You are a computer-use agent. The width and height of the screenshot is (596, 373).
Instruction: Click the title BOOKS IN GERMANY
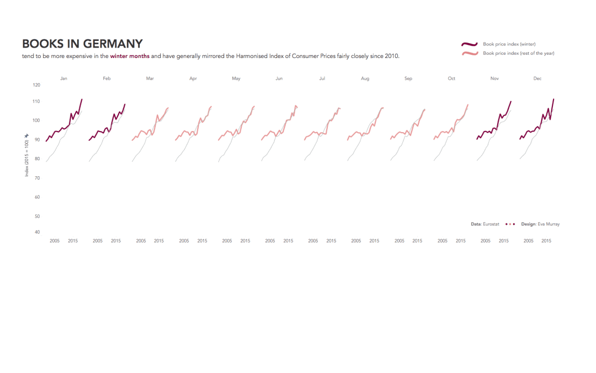pos(82,44)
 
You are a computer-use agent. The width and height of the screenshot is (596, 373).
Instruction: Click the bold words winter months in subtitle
pos(130,56)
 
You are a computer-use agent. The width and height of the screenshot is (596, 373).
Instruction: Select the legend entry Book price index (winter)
pos(509,44)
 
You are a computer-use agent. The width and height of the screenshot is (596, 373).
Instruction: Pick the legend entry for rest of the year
pos(518,54)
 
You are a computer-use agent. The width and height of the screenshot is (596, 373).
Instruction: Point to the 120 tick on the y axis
pos(36,85)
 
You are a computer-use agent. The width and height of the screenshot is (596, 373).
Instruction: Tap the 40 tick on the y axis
pos(36,232)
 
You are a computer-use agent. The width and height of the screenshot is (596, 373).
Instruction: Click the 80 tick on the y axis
pos(36,159)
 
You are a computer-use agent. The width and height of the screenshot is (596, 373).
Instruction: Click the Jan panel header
pos(63,79)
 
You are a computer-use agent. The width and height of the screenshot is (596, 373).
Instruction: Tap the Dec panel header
pos(538,79)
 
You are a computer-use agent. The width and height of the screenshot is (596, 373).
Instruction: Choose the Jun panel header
pos(279,79)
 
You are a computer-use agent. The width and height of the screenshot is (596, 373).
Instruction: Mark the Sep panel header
pos(408,79)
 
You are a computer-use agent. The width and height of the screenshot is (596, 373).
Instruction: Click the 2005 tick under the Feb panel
pos(98,241)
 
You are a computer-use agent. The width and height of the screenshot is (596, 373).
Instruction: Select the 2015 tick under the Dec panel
pos(546,241)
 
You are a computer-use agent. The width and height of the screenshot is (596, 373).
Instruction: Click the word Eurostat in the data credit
pos(491,224)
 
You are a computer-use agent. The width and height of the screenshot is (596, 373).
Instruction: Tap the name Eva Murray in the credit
pos(549,224)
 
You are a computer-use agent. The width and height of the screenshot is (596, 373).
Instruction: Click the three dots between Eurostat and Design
pos(510,224)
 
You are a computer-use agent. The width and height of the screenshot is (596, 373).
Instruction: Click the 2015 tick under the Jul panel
pos(331,241)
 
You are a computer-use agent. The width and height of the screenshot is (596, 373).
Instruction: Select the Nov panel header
pos(494,79)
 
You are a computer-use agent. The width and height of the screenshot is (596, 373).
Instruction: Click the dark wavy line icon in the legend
pos(469,44)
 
